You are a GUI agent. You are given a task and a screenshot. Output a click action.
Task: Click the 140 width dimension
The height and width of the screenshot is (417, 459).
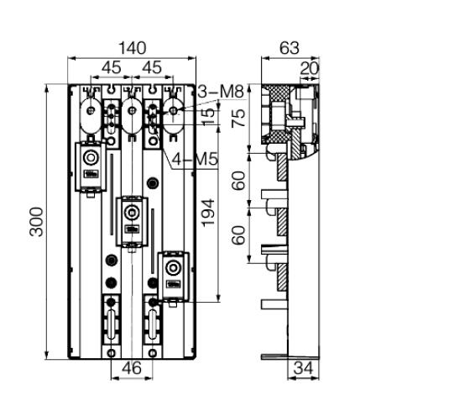pos(132,48)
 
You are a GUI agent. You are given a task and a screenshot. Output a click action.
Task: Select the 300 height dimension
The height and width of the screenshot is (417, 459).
pos(37,222)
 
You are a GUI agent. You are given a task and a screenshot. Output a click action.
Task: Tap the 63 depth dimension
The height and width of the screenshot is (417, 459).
pos(289,48)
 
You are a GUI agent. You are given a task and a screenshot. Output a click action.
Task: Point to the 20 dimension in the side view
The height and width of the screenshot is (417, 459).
pos(309,68)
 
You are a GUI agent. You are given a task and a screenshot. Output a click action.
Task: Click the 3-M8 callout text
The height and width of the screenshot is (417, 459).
pos(221,92)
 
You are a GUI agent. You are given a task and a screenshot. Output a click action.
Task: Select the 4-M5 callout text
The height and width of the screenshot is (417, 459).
pos(195,160)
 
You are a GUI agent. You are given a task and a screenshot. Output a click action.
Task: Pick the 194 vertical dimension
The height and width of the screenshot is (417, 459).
pos(208,213)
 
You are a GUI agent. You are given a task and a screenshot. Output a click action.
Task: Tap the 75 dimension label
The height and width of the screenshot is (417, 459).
pos(238,118)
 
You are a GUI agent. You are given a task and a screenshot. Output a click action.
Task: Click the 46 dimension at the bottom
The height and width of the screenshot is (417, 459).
pos(132,367)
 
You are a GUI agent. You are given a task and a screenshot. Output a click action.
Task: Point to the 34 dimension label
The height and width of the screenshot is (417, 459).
pos(303,367)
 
